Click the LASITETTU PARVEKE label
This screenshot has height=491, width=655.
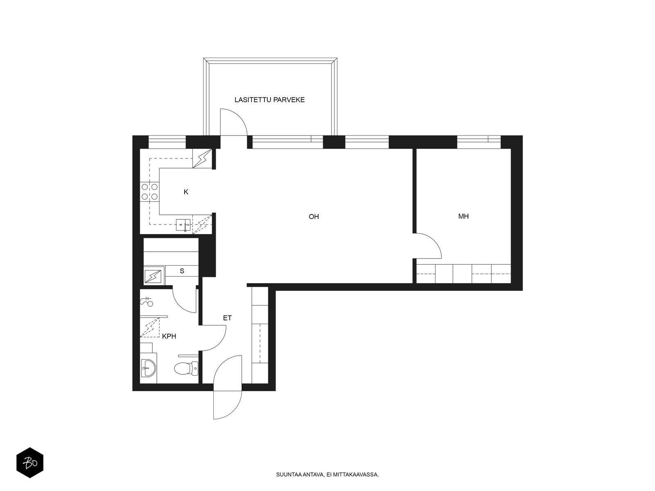[269, 100]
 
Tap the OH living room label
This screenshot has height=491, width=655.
[314, 217]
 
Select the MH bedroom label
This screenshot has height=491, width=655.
[463, 216]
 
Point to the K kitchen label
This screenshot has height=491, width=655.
[186, 192]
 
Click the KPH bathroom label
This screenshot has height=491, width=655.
[169, 336]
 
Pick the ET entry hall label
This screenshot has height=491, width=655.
[227, 318]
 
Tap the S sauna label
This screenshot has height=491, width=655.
[182, 271]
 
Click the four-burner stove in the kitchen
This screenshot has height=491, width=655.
[149, 191]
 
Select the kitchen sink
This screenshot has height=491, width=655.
[183, 225]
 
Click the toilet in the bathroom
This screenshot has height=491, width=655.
[186, 368]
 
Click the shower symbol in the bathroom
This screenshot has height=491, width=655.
[147, 302]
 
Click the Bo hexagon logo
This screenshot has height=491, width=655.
[30, 463]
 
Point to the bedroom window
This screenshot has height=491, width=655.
[479, 142]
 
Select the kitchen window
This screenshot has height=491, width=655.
[167, 142]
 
